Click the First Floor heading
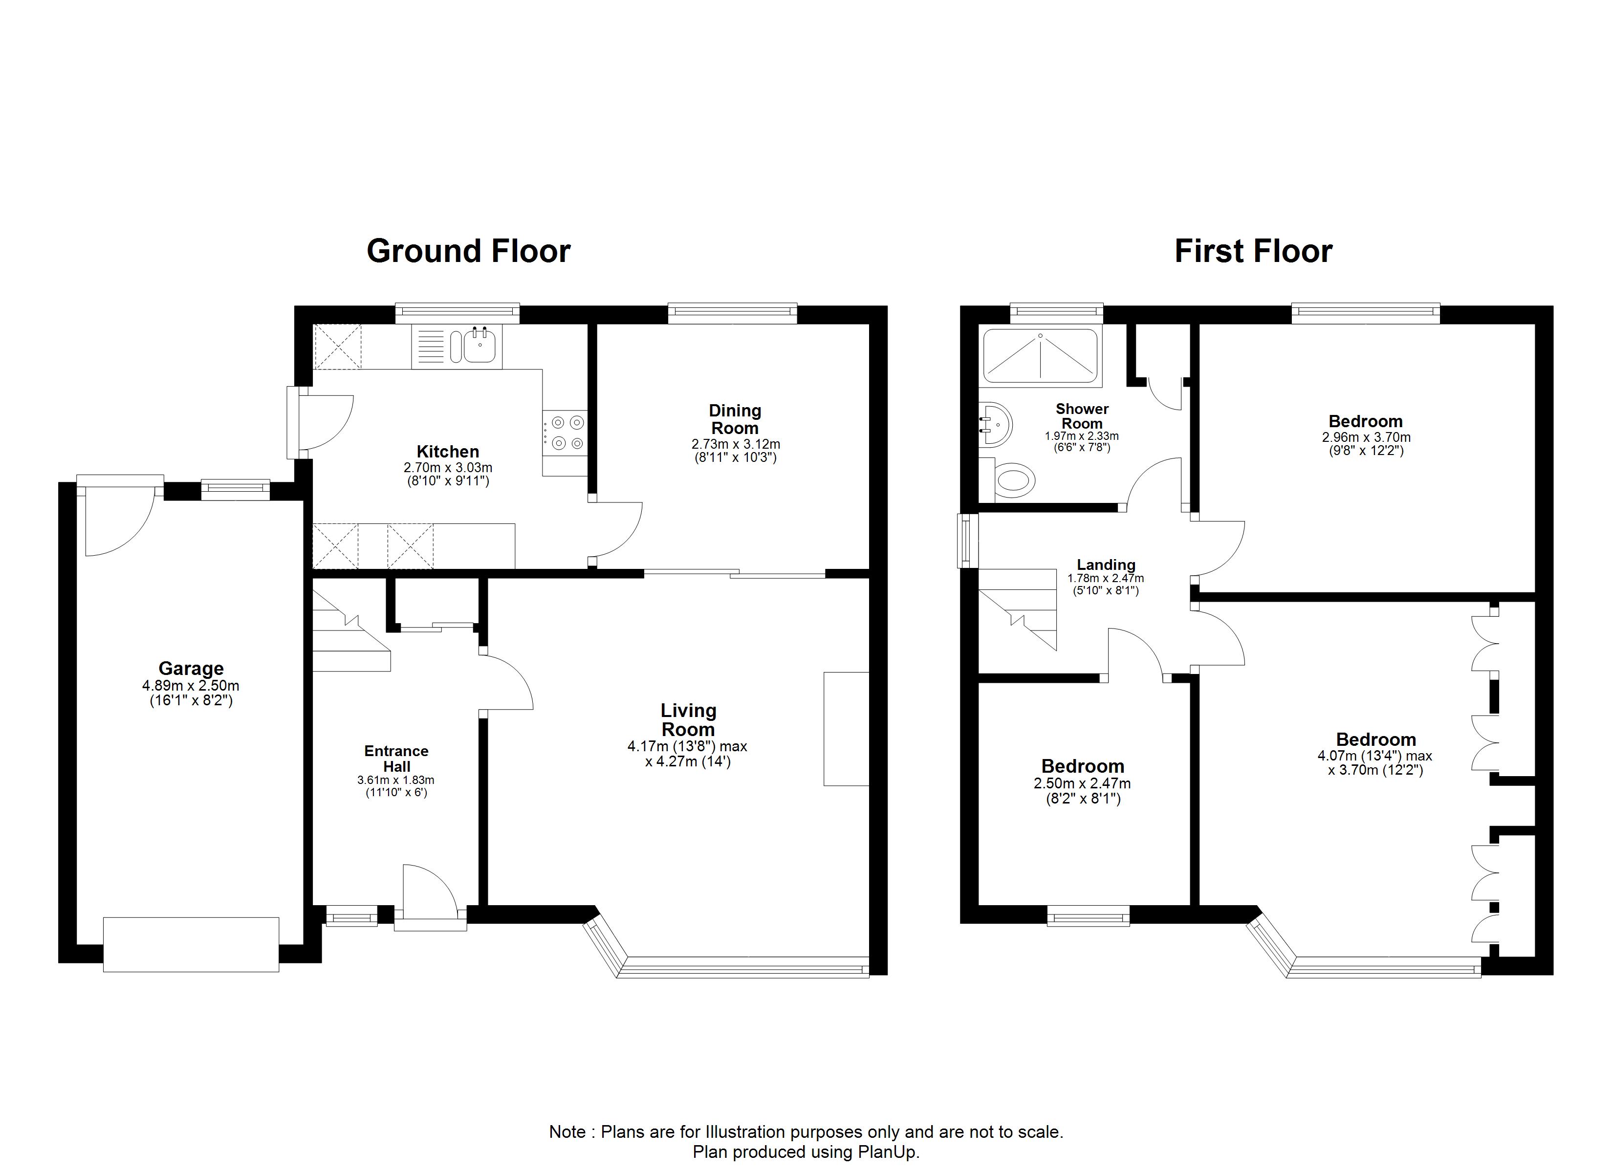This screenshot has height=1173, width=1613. tap(1253, 251)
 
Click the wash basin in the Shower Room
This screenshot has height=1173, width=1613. tap(996, 425)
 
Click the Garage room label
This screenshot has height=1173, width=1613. tap(191, 668)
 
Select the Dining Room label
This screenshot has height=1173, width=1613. tap(735, 419)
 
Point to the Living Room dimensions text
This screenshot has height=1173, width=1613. tap(687, 754)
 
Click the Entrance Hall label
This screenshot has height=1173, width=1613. tap(396, 758)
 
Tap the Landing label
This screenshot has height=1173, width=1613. tap(1106, 565)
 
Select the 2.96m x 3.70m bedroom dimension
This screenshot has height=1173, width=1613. tap(1366, 437)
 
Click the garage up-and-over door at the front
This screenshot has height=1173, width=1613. tap(191, 944)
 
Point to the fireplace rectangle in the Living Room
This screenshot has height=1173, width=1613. tap(846, 728)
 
